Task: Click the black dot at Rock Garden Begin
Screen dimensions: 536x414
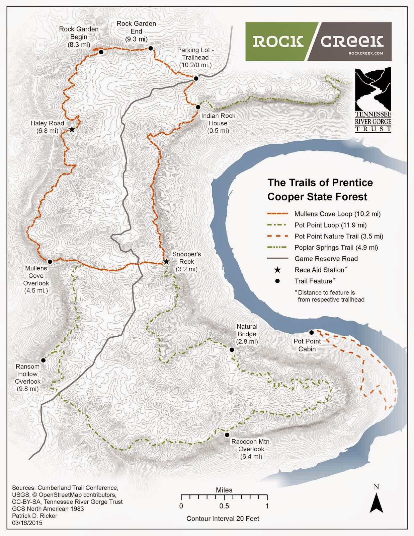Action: [x=101, y=52]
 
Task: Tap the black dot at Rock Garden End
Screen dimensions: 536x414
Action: [x=151, y=49]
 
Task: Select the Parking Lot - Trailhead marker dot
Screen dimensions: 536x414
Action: [x=196, y=78]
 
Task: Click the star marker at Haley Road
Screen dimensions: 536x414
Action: [x=72, y=130]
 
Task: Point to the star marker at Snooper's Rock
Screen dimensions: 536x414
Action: [x=166, y=262]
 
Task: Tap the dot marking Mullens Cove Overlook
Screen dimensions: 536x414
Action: [x=50, y=262]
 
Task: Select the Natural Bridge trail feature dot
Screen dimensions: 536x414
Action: [x=232, y=350]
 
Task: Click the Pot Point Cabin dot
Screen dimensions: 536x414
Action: [x=311, y=332]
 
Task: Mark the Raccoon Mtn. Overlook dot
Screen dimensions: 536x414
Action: [x=227, y=435]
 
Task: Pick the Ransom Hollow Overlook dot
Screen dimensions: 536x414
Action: [x=43, y=360]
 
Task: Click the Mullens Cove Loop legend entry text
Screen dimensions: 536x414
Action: [x=337, y=214]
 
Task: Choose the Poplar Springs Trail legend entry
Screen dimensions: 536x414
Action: [x=336, y=248]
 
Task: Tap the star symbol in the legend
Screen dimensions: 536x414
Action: [x=277, y=270]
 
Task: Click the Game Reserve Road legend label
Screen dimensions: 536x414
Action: [x=326, y=259]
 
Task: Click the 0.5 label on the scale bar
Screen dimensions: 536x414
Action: [x=224, y=506]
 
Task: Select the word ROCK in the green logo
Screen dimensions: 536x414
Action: [x=278, y=42]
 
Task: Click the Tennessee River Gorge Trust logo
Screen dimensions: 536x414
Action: [x=373, y=99]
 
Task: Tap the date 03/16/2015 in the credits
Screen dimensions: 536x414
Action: [x=27, y=523]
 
